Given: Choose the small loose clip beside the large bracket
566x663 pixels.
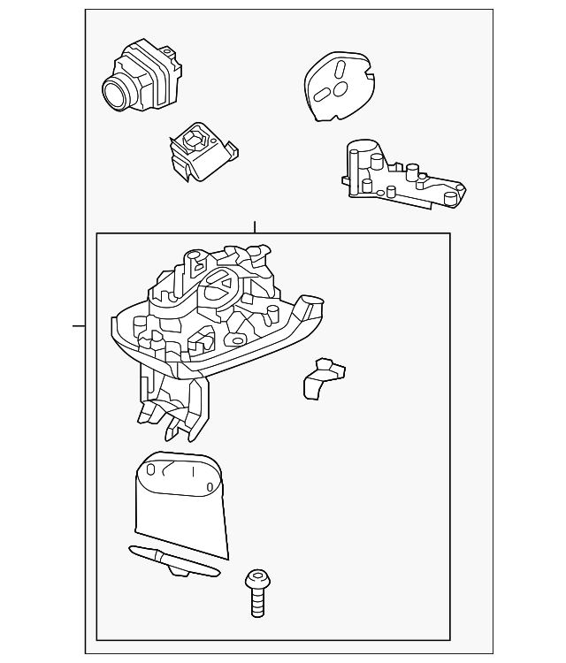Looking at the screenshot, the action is tap(322, 378).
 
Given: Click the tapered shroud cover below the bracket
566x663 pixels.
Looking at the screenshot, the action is tap(182, 508).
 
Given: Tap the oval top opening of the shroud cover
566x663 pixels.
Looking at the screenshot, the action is tap(181, 473).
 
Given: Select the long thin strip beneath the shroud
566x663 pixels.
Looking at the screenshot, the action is tap(173, 560).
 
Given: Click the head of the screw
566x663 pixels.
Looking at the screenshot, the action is tap(256, 579).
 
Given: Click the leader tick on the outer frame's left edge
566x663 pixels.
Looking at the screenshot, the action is tap(79, 326).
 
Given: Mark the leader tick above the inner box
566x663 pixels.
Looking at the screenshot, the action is tap(254, 226).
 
